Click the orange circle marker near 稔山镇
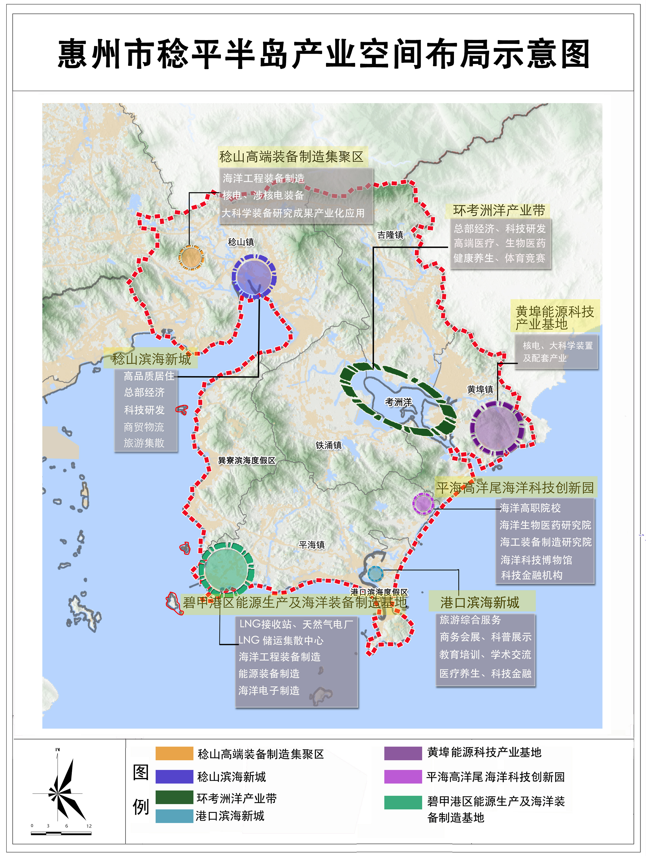click(x=191, y=257)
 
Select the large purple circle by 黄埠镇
click(x=497, y=428)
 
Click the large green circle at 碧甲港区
click(x=226, y=569)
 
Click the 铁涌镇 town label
click(x=329, y=445)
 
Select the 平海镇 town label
click(x=312, y=545)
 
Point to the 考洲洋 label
click(x=398, y=402)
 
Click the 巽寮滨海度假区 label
click(x=247, y=461)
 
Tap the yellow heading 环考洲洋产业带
click(x=499, y=210)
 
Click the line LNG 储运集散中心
click(x=281, y=641)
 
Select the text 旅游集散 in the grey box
click(x=144, y=443)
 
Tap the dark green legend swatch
click(x=174, y=797)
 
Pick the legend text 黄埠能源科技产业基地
click(x=484, y=752)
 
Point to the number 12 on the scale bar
click(x=89, y=826)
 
